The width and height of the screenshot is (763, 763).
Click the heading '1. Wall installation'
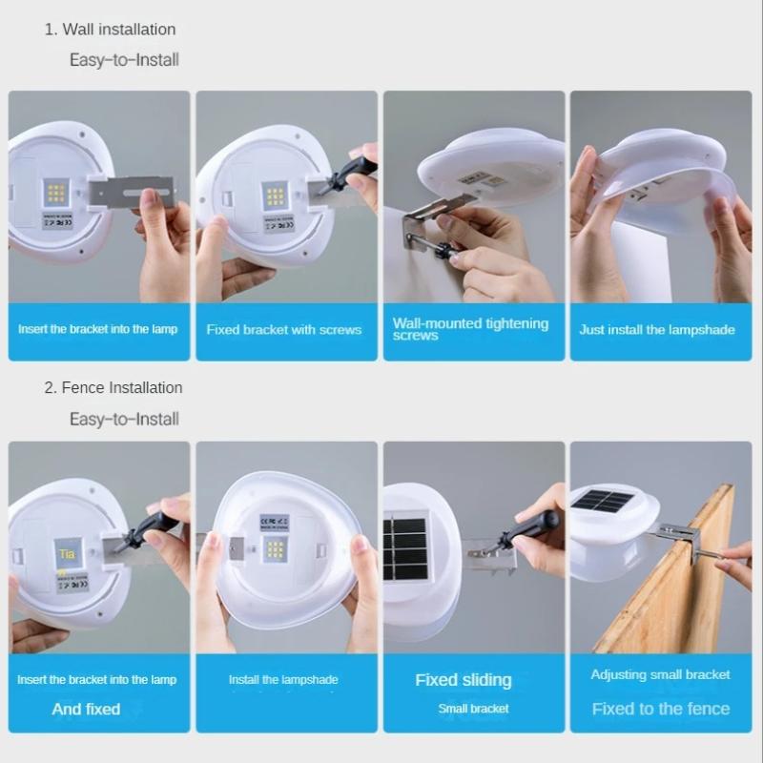point(110,30)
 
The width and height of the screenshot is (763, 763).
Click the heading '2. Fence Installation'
point(113,387)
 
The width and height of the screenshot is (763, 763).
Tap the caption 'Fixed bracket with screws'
point(284,330)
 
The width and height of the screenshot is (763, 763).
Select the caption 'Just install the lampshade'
point(657,330)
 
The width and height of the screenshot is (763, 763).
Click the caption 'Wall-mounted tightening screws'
point(470,329)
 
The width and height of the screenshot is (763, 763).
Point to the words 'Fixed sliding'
point(464,680)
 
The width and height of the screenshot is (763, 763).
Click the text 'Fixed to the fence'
point(661,709)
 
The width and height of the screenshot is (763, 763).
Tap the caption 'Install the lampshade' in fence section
point(283,680)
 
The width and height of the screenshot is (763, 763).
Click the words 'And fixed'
point(86,709)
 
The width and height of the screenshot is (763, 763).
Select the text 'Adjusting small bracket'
point(661,674)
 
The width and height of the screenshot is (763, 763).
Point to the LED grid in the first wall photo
point(56,194)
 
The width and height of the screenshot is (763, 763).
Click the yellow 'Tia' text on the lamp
point(66,553)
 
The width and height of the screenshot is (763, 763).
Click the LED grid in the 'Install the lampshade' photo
point(275,550)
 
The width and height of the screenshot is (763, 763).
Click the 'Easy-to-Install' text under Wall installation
point(124,60)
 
